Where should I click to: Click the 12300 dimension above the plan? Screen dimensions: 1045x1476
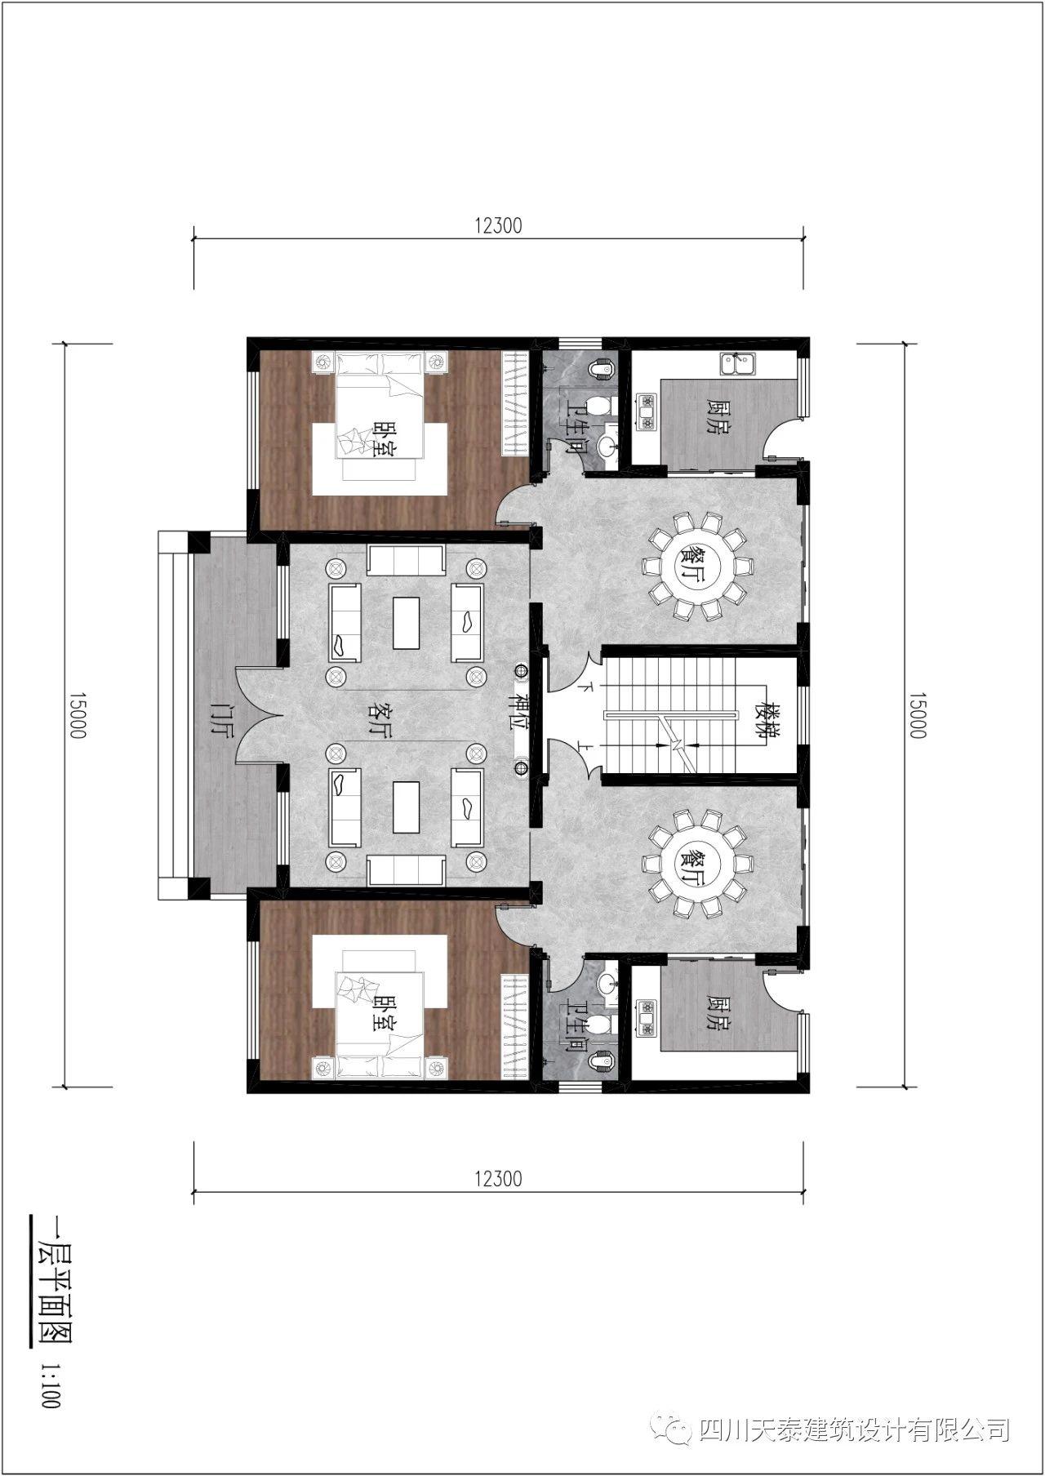[x=497, y=225]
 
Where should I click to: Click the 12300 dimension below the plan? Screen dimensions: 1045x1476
[x=497, y=1178]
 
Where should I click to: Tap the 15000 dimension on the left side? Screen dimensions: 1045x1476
[x=77, y=715]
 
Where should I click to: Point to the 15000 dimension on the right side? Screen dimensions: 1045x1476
[x=917, y=715]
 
